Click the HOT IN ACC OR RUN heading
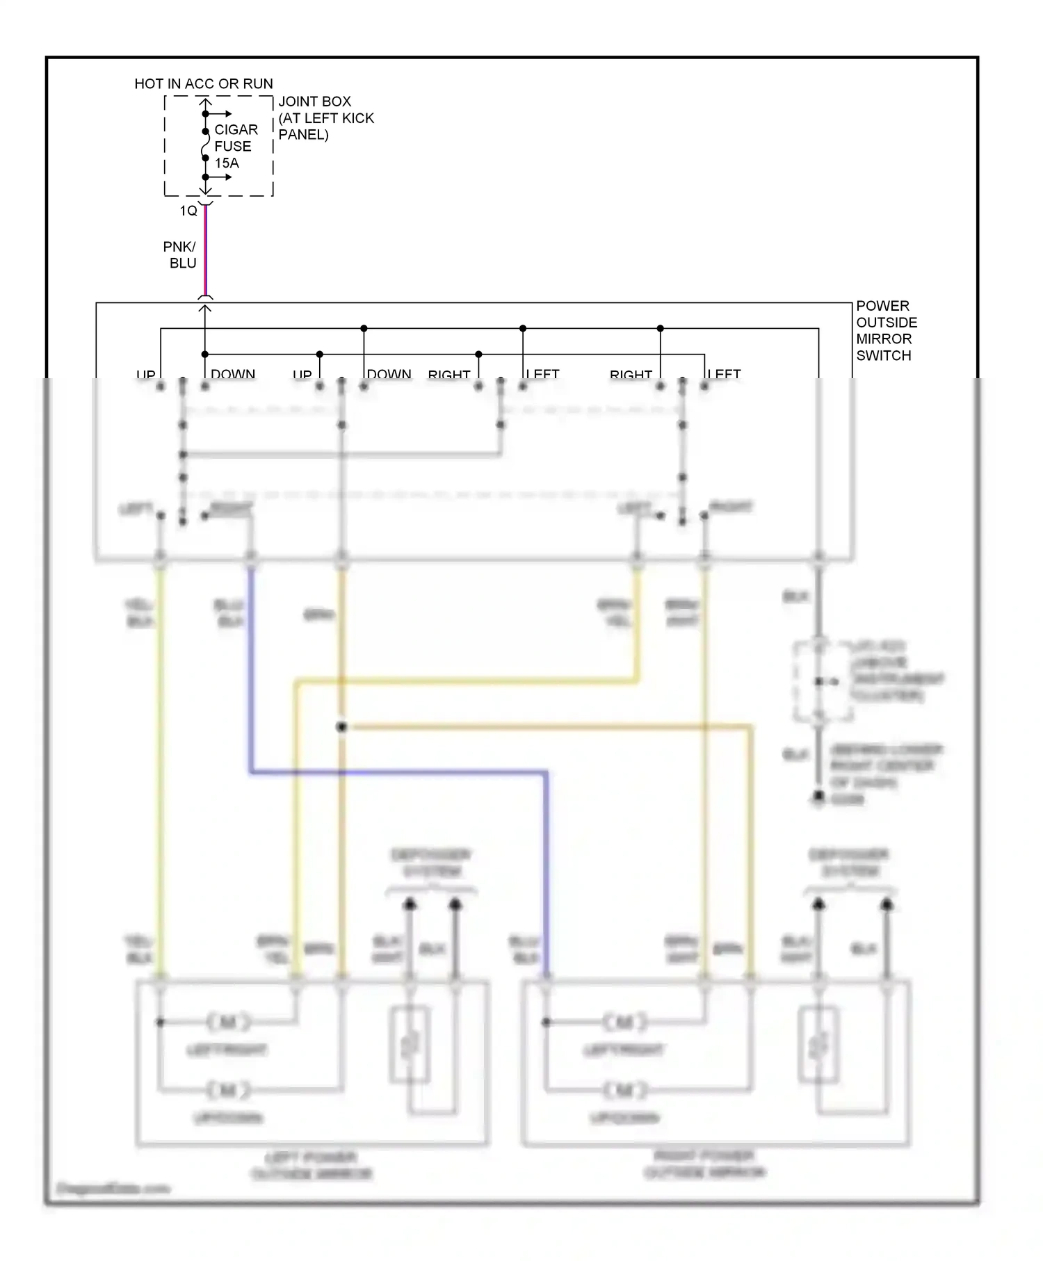(x=204, y=84)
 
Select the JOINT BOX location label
(x=325, y=118)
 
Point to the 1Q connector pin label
(x=188, y=211)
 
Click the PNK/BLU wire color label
(x=180, y=255)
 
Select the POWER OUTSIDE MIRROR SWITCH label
(x=886, y=331)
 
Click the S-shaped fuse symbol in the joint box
(x=205, y=145)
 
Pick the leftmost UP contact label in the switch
(x=146, y=375)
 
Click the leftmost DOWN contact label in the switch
(x=233, y=375)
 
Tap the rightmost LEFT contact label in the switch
(x=724, y=375)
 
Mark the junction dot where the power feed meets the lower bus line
(x=205, y=355)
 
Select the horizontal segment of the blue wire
(x=396, y=772)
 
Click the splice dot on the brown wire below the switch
(x=341, y=727)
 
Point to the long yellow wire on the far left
(x=161, y=765)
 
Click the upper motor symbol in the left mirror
(x=228, y=1022)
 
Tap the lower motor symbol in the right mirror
(x=624, y=1090)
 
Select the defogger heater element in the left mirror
(x=409, y=1044)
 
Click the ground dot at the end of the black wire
(x=819, y=797)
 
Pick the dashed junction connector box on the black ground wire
(x=823, y=682)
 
